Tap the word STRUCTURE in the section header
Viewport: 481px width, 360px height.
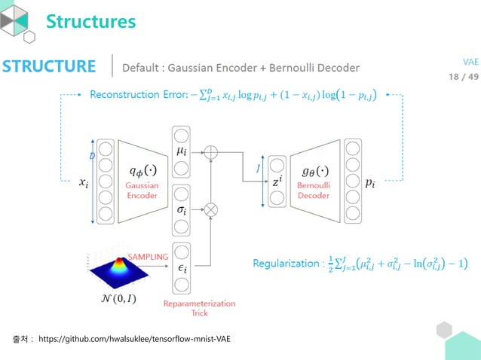pos(49,66)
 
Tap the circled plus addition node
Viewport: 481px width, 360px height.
pos(213,153)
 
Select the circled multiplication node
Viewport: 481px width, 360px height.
pos(213,208)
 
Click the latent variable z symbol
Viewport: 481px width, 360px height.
pos(277,182)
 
